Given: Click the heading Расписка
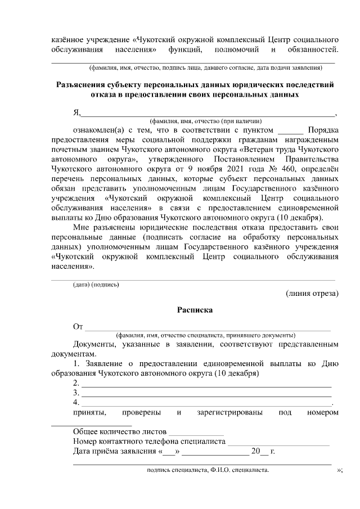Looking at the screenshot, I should pyautogui.click(x=195, y=309).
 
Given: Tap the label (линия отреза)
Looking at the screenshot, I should pyautogui.click(x=312, y=293).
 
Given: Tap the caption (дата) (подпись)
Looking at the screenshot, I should pyautogui.click(x=96, y=284).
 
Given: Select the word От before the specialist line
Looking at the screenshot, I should pyautogui.click(x=78, y=326).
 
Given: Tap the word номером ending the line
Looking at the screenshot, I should pyautogui.click(x=322, y=413).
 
